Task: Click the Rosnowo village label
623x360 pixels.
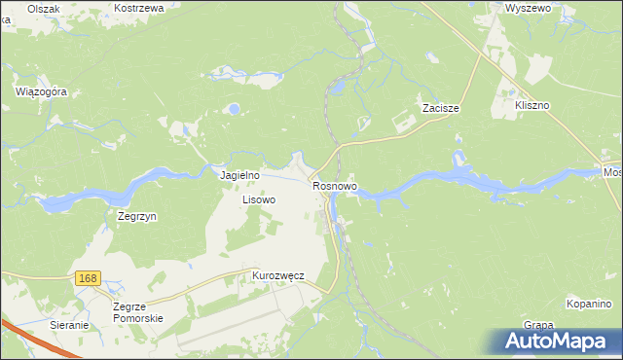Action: click(336, 185)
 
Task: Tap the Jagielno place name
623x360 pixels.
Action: click(239, 175)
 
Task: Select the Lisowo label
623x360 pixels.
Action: click(259, 199)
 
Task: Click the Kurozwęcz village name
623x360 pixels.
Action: click(278, 275)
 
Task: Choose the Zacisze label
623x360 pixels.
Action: click(440, 108)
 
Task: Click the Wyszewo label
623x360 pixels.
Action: click(529, 7)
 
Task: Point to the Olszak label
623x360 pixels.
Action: click(44, 8)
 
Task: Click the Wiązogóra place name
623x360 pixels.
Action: click(41, 91)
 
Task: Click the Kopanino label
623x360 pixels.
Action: click(588, 305)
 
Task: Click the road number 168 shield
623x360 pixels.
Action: click(88, 279)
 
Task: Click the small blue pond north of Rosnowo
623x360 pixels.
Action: click(338, 88)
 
